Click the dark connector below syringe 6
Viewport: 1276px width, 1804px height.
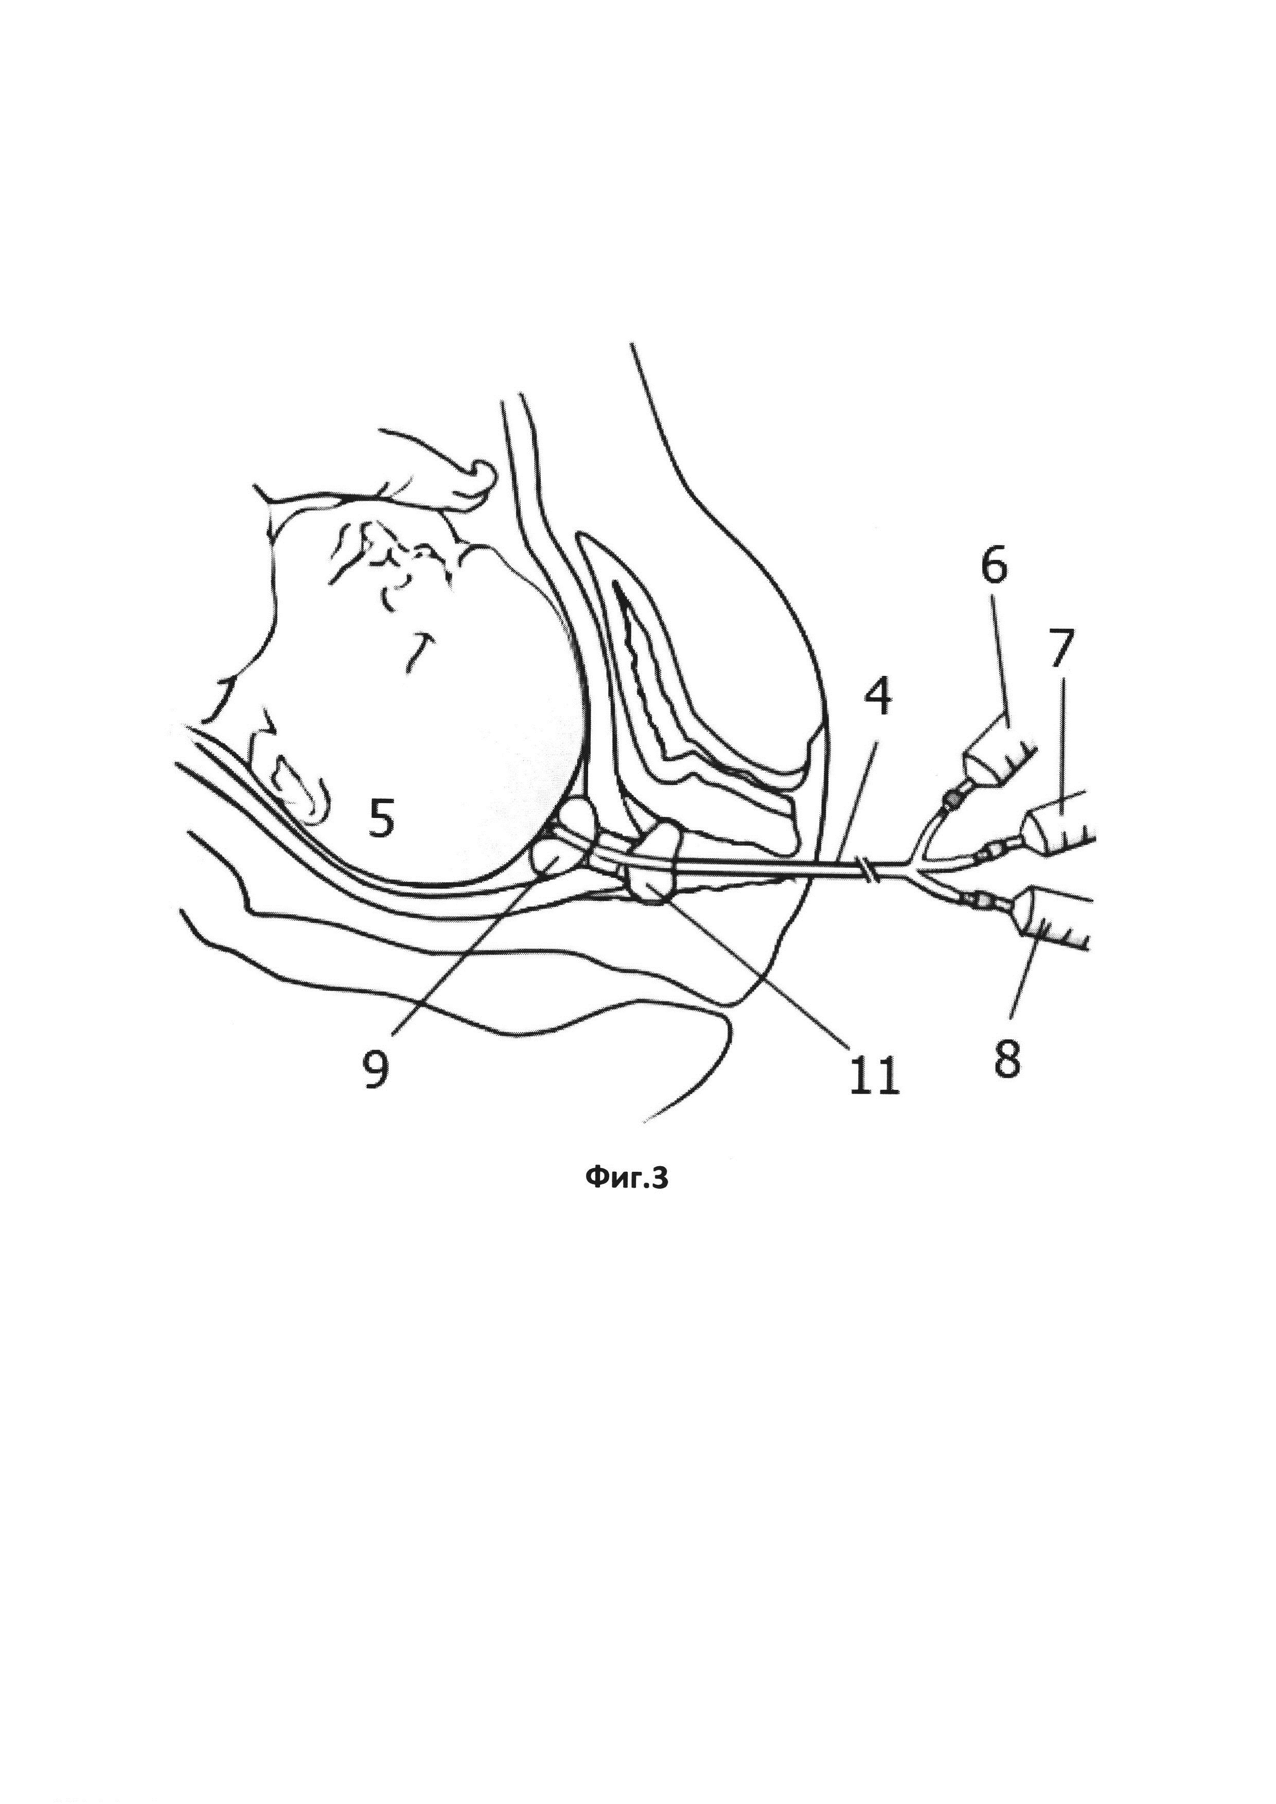pyautogui.click(x=952, y=800)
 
